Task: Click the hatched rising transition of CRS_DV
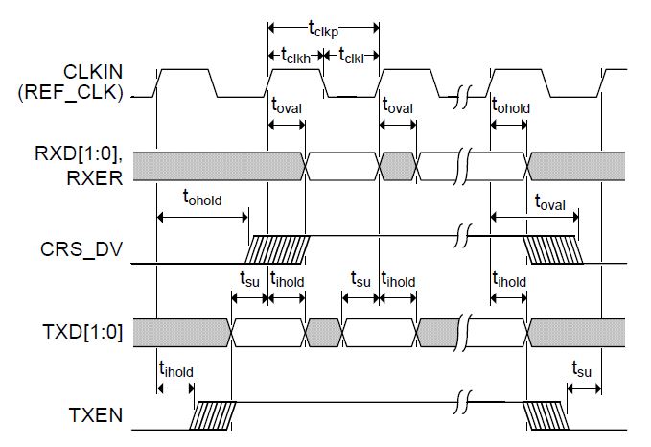(x=278, y=248)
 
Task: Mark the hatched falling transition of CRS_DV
(x=552, y=248)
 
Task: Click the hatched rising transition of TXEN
(x=208, y=415)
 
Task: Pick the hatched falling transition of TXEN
(x=544, y=415)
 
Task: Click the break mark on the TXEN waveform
(x=466, y=403)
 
